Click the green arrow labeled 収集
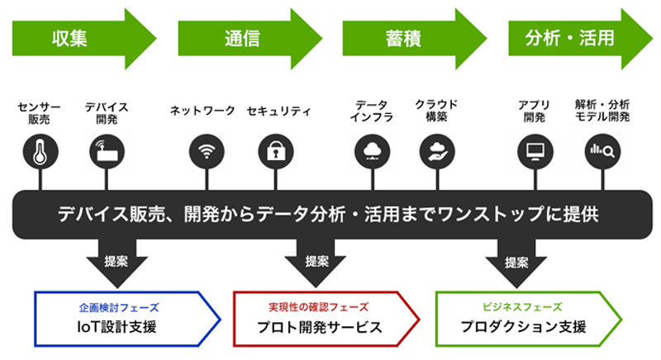(84, 39)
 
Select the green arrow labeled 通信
(250, 39)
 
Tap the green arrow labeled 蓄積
(415, 39)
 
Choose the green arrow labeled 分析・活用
(581, 39)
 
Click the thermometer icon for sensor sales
(40, 152)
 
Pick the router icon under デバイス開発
(107, 152)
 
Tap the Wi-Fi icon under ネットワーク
(207, 152)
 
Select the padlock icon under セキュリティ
(276, 152)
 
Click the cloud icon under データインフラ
(373, 152)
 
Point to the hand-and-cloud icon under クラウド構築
(437, 152)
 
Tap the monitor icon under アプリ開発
(535, 152)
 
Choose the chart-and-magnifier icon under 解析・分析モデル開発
(602, 152)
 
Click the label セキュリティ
(278, 111)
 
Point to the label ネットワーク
(202, 111)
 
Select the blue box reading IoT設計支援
(127, 319)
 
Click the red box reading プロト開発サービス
(326, 319)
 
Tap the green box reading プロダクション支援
(529, 319)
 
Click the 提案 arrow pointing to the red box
(316, 262)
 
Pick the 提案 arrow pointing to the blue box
(117, 262)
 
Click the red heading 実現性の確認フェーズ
(319, 307)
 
